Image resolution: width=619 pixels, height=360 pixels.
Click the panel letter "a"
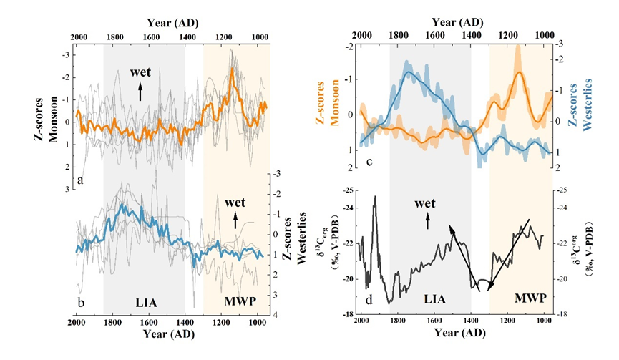81,180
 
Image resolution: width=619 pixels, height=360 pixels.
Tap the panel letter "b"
81,302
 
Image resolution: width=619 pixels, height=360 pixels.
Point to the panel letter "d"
368,301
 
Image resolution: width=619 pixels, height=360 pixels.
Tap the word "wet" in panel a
140,72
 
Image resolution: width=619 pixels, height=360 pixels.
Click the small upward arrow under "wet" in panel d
429,224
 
